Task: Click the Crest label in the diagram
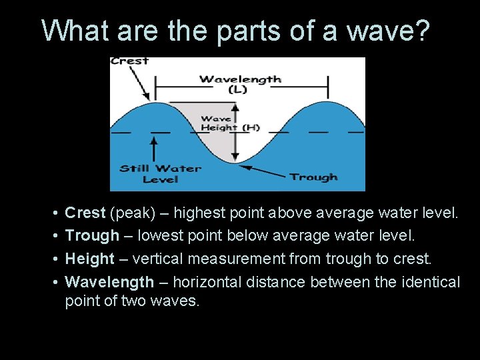(129, 61)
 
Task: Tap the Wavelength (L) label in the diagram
(240, 83)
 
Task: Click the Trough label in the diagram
(313, 177)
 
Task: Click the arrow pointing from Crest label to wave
(142, 83)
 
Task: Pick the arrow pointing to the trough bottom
(263, 171)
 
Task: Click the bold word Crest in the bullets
(85, 213)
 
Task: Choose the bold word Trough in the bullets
(91, 236)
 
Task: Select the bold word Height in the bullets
(89, 259)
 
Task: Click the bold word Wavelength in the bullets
(109, 282)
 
